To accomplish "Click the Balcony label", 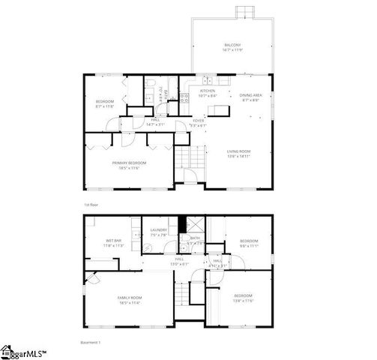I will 232,46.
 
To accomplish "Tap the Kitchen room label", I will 207,92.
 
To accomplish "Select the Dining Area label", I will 250,97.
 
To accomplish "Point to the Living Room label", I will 239,154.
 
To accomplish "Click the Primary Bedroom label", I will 129,164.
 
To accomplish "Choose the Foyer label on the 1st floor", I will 198,121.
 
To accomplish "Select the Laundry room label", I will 157,232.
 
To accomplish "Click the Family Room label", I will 129,301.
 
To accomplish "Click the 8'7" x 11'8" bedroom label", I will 104,103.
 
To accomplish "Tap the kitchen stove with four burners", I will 184,97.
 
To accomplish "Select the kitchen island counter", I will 218,110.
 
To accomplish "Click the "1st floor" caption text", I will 91,205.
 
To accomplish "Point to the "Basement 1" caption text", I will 90,343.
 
